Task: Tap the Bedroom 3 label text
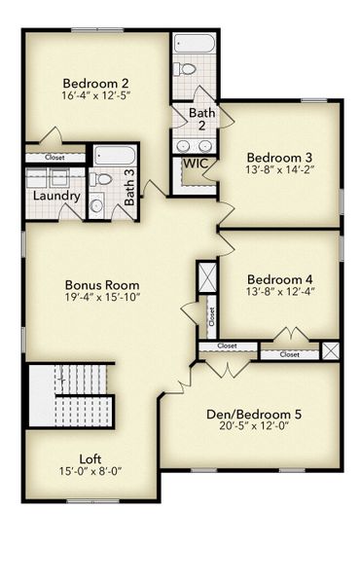(279, 158)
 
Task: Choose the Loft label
(90, 458)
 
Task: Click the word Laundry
(55, 196)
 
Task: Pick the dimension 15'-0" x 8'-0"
(90, 472)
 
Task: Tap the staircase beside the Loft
(70, 394)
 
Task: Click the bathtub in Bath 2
(195, 44)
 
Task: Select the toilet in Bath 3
(103, 179)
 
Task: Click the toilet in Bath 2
(185, 69)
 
